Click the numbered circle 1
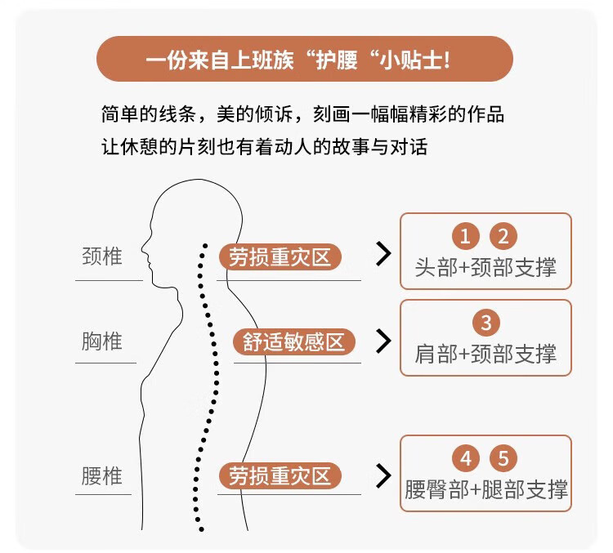(x=465, y=236)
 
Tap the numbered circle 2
(x=503, y=236)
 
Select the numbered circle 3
(x=486, y=323)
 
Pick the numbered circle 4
(x=466, y=458)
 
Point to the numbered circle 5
(x=503, y=458)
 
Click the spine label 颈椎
(x=102, y=256)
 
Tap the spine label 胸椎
(x=102, y=341)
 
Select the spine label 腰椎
(x=102, y=475)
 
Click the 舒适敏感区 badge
(x=294, y=342)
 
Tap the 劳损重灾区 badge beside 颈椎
(x=280, y=256)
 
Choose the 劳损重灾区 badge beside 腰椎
(x=280, y=476)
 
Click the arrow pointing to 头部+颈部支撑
(x=383, y=254)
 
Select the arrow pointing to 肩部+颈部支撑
(x=383, y=341)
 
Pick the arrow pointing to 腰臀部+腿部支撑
(x=383, y=476)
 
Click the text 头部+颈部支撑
(x=485, y=268)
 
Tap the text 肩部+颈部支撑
(x=485, y=354)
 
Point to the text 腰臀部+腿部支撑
(x=486, y=489)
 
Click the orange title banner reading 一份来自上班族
(x=305, y=59)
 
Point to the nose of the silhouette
(x=143, y=248)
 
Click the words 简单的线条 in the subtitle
(x=149, y=114)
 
